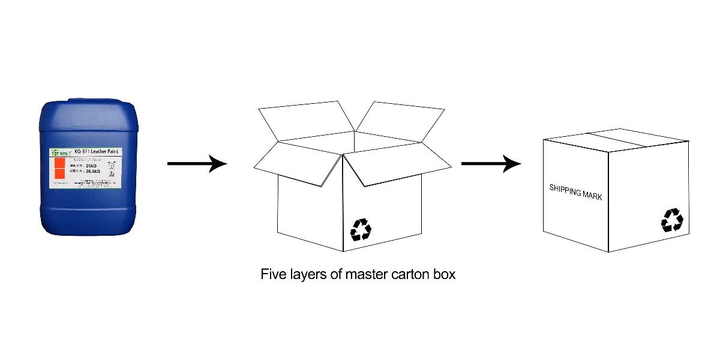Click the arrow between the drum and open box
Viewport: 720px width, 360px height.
(x=197, y=163)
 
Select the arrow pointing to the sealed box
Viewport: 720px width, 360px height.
(x=491, y=163)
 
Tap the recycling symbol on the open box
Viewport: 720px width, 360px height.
(x=361, y=229)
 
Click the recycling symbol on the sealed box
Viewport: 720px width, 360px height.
(x=672, y=220)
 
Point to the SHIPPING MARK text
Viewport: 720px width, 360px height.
(x=575, y=192)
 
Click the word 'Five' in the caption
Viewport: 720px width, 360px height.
(x=274, y=275)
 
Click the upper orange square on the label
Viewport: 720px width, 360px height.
(x=59, y=163)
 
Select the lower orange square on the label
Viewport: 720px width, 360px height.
(x=59, y=174)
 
